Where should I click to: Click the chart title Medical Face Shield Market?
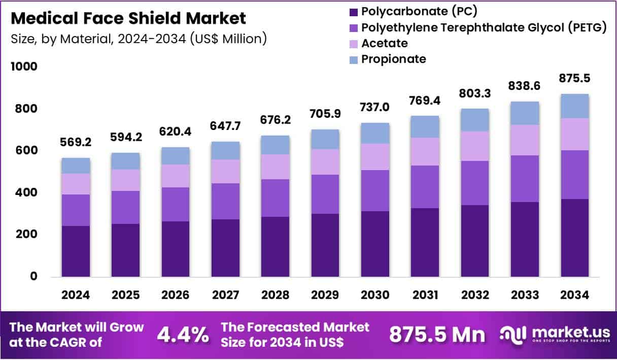tap(128, 18)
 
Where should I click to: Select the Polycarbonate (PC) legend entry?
tap(419, 11)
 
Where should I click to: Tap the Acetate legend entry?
tap(384, 43)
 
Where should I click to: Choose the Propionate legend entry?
tap(393, 59)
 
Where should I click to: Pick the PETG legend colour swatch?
tap(354, 27)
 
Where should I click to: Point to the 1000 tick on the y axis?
tap(24, 67)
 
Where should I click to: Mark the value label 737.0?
tap(375, 107)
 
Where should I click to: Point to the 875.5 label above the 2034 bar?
tap(574, 79)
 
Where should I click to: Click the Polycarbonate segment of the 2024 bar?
tap(76, 251)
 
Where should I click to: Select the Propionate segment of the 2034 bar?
tap(574, 106)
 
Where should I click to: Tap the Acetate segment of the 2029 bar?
tap(325, 161)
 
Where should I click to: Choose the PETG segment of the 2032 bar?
tap(474, 183)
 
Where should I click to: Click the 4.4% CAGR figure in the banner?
tap(183, 335)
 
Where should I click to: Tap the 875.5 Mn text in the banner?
tap(437, 335)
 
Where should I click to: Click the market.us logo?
tap(554, 334)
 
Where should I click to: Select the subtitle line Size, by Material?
tap(139, 39)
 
